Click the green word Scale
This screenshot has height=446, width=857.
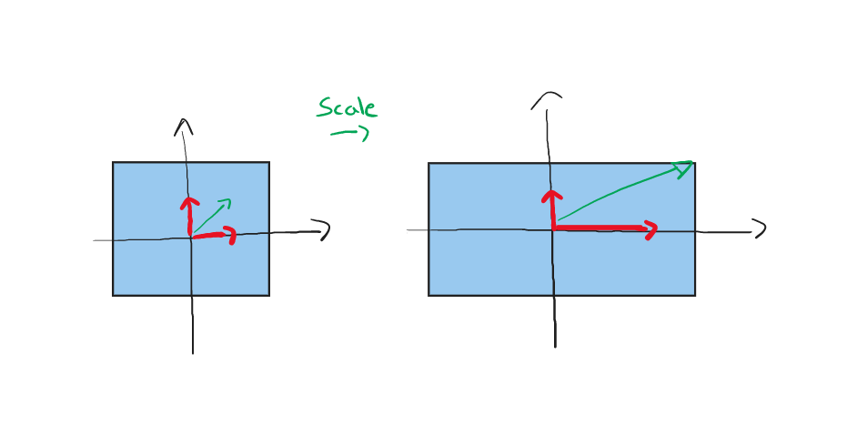click(x=347, y=107)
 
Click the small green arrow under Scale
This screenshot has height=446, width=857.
click(x=349, y=133)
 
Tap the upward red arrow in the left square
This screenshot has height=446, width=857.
click(x=189, y=216)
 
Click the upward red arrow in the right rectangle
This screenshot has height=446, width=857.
click(x=552, y=208)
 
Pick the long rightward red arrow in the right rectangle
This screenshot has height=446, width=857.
click(x=604, y=228)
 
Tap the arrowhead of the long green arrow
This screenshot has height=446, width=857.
click(x=684, y=168)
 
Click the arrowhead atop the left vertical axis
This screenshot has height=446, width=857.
click(x=184, y=127)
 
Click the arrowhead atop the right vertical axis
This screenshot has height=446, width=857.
click(x=547, y=100)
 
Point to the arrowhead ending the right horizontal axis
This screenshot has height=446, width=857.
click(x=759, y=228)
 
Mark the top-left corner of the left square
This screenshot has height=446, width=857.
click(x=113, y=162)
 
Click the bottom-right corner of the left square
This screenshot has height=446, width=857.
click(x=269, y=296)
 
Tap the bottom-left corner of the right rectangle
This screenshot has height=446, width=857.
click(x=428, y=296)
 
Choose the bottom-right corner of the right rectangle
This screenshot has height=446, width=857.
click(x=695, y=296)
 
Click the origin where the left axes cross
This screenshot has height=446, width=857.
click(x=191, y=238)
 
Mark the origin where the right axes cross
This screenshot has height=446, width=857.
click(x=552, y=230)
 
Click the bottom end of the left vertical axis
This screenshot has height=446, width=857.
click(x=193, y=354)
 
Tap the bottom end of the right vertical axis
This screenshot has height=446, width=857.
click(x=555, y=347)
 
